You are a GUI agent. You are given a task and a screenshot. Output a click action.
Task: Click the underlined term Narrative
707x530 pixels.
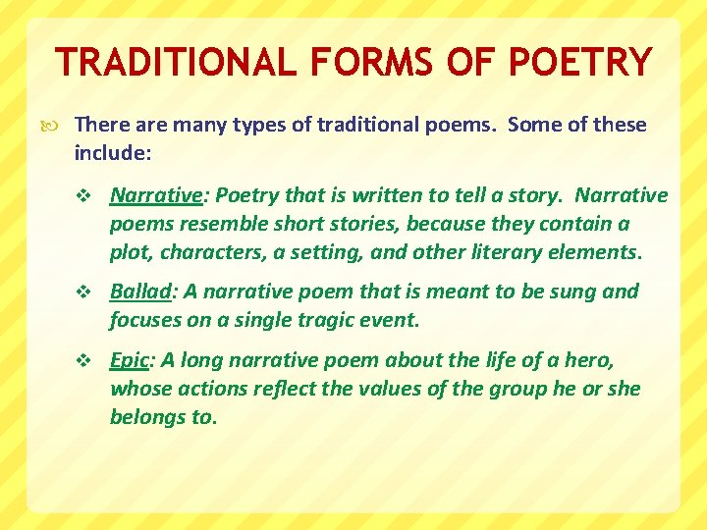tap(155, 195)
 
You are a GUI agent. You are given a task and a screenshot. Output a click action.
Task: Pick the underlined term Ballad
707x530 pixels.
tap(139, 291)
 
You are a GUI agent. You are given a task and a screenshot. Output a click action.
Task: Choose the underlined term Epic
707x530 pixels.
tap(129, 360)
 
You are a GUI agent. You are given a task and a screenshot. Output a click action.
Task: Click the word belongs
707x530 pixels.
tap(148, 416)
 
